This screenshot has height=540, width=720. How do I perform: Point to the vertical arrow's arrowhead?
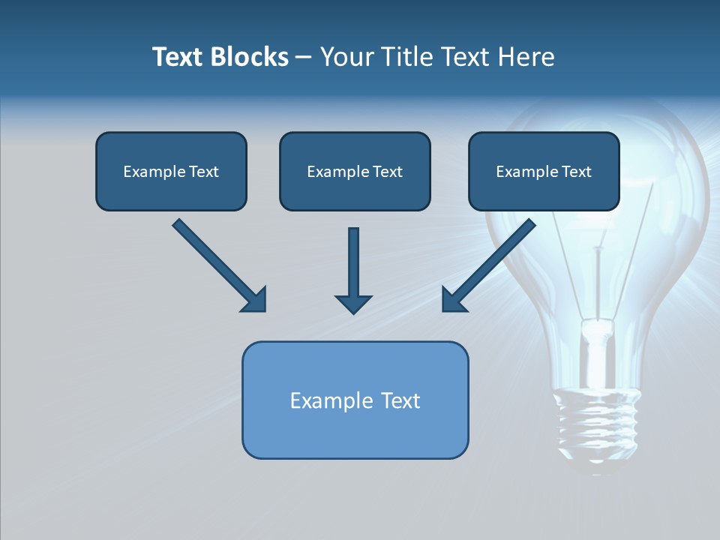click(353, 303)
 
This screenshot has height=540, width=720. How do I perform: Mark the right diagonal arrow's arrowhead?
click(453, 299)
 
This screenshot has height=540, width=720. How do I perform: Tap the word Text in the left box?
click(204, 172)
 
